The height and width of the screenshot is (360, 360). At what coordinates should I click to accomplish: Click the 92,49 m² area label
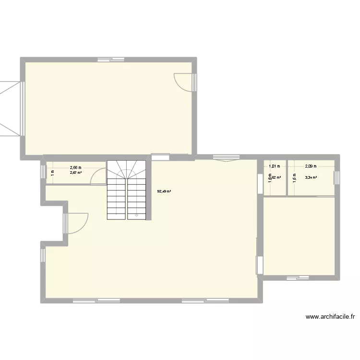pyautogui.click(x=164, y=192)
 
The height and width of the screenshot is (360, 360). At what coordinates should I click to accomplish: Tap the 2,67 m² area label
pyautogui.click(x=76, y=173)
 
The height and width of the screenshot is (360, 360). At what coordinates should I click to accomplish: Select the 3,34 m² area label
pyautogui.click(x=311, y=178)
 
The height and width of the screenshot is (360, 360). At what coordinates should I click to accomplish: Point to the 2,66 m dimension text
pyautogui.click(x=76, y=168)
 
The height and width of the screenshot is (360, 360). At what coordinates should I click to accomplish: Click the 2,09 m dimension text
pyautogui.click(x=311, y=167)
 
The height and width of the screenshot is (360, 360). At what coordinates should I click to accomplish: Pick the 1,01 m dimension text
pyautogui.click(x=274, y=167)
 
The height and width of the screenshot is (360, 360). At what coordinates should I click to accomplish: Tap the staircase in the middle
pyautogui.click(x=126, y=190)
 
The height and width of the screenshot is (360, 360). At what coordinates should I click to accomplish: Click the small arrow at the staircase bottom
pyautogui.click(x=137, y=216)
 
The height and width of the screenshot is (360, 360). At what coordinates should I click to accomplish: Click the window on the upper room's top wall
pyautogui.click(x=111, y=60)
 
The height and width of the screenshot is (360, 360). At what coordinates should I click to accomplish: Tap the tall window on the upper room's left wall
pyautogui.click(x=22, y=108)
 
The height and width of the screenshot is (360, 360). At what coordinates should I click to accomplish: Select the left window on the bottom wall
pyautogui.click(x=96, y=301)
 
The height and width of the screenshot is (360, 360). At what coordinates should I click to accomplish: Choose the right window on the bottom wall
pyautogui.click(x=205, y=301)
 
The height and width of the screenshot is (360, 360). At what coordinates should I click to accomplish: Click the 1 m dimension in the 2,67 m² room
pyautogui.click(x=52, y=173)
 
